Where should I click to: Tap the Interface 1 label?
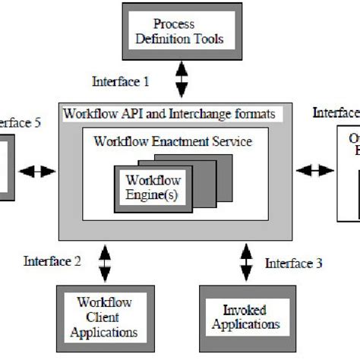pyautogui.click(x=121, y=81)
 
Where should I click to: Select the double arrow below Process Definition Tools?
pyautogui.click(x=181, y=79)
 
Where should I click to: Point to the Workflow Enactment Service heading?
pyautogui.click(x=172, y=141)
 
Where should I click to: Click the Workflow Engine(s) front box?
pyautogui.click(x=151, y=187)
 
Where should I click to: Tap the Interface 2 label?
pyautogui.click(x=52, y=261)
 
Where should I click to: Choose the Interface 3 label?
pyautogui.click(x=294, y=264)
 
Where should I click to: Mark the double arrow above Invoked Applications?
pyautogui.click(x=245, y=262)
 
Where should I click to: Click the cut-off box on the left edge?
pyautogui.click(x=6, y=168)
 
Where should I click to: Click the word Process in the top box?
pyautogui.click(x=174, y=24)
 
